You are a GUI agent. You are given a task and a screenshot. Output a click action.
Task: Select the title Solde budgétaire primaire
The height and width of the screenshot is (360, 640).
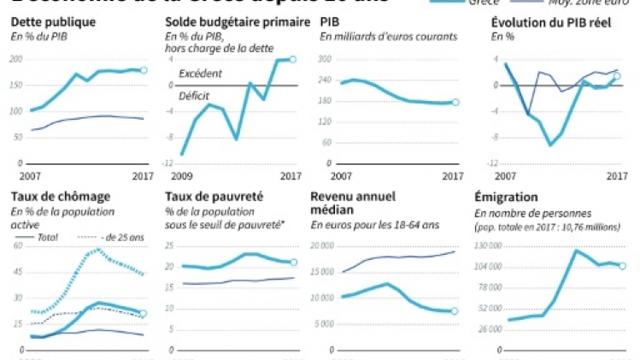click(238, 21)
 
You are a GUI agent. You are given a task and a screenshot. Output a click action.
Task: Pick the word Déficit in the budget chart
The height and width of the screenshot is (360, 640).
click(195, 96)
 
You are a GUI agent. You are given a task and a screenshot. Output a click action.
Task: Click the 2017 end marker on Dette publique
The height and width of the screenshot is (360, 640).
click(144, 70)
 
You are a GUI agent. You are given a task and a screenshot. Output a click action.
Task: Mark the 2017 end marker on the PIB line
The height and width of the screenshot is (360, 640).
click(455, 102)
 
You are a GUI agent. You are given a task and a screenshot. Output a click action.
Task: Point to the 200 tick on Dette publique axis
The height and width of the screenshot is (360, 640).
click(16, 59)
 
